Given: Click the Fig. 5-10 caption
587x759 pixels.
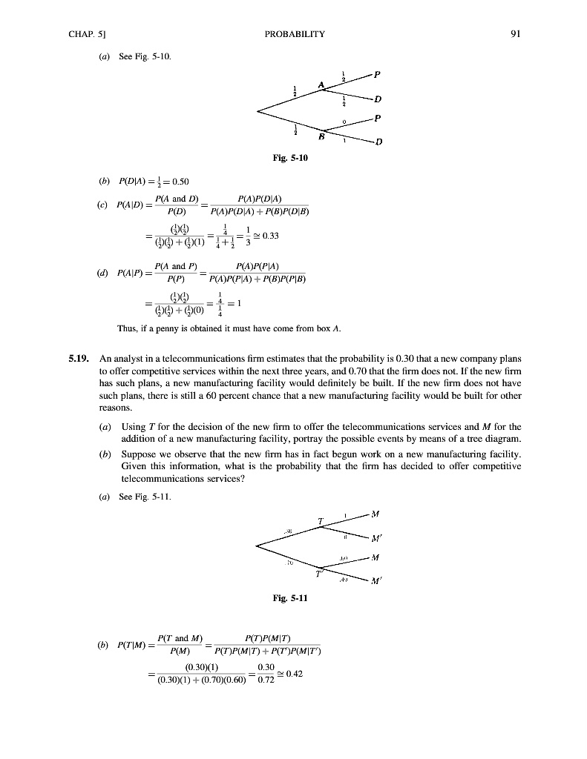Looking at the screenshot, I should click(x=294, y=158).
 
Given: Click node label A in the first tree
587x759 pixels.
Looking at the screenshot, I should click(x=321, y=86).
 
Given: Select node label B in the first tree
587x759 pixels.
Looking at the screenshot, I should click(x=322, y=136).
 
